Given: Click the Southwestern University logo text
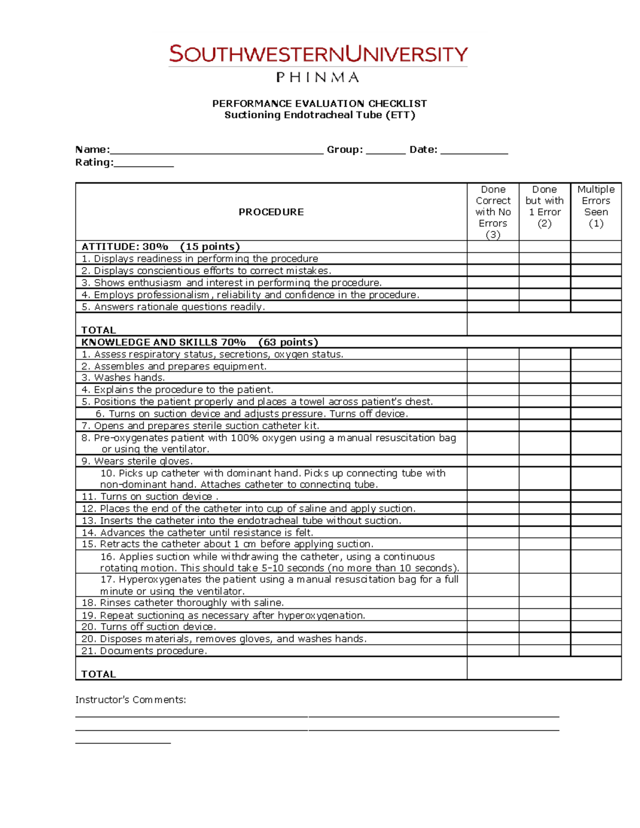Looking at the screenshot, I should click(318, 54).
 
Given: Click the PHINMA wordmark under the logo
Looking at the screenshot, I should click(318, 78).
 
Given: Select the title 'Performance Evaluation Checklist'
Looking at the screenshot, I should click(319, 103).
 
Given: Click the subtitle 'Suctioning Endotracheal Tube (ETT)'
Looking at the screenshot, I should click(319, 115).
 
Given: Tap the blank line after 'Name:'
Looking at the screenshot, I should click(217, 150).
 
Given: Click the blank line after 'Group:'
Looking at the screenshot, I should click(386, 150).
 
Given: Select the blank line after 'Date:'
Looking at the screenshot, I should click(474, 150).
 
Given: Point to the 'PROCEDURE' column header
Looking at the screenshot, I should click(271, 212).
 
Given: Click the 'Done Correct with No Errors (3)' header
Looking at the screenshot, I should click(493, 212).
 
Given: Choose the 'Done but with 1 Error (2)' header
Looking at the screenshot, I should click(545, 206).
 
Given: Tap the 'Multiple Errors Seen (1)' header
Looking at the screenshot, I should click(596, 206).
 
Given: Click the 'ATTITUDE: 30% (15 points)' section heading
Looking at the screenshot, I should click(161, 247).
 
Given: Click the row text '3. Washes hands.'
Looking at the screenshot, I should click(123, 378).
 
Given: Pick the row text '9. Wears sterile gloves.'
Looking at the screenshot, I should click(137, 461).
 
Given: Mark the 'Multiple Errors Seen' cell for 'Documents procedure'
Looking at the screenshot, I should click(596, 651).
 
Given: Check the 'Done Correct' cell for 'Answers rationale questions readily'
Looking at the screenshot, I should click(493, 307).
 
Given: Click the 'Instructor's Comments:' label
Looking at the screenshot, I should click(131, 700).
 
